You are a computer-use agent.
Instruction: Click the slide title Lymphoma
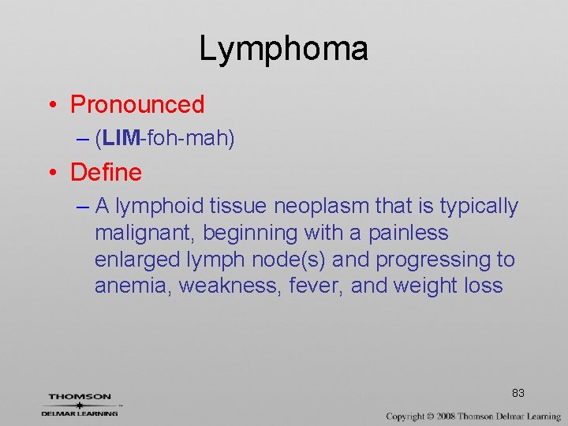283,49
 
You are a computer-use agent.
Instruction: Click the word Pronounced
137,104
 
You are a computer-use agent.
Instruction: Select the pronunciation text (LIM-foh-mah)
164,139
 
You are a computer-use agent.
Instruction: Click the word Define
106,172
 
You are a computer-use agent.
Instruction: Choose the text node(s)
303,260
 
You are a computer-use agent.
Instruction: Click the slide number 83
518,393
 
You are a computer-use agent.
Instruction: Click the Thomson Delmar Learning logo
80,405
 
